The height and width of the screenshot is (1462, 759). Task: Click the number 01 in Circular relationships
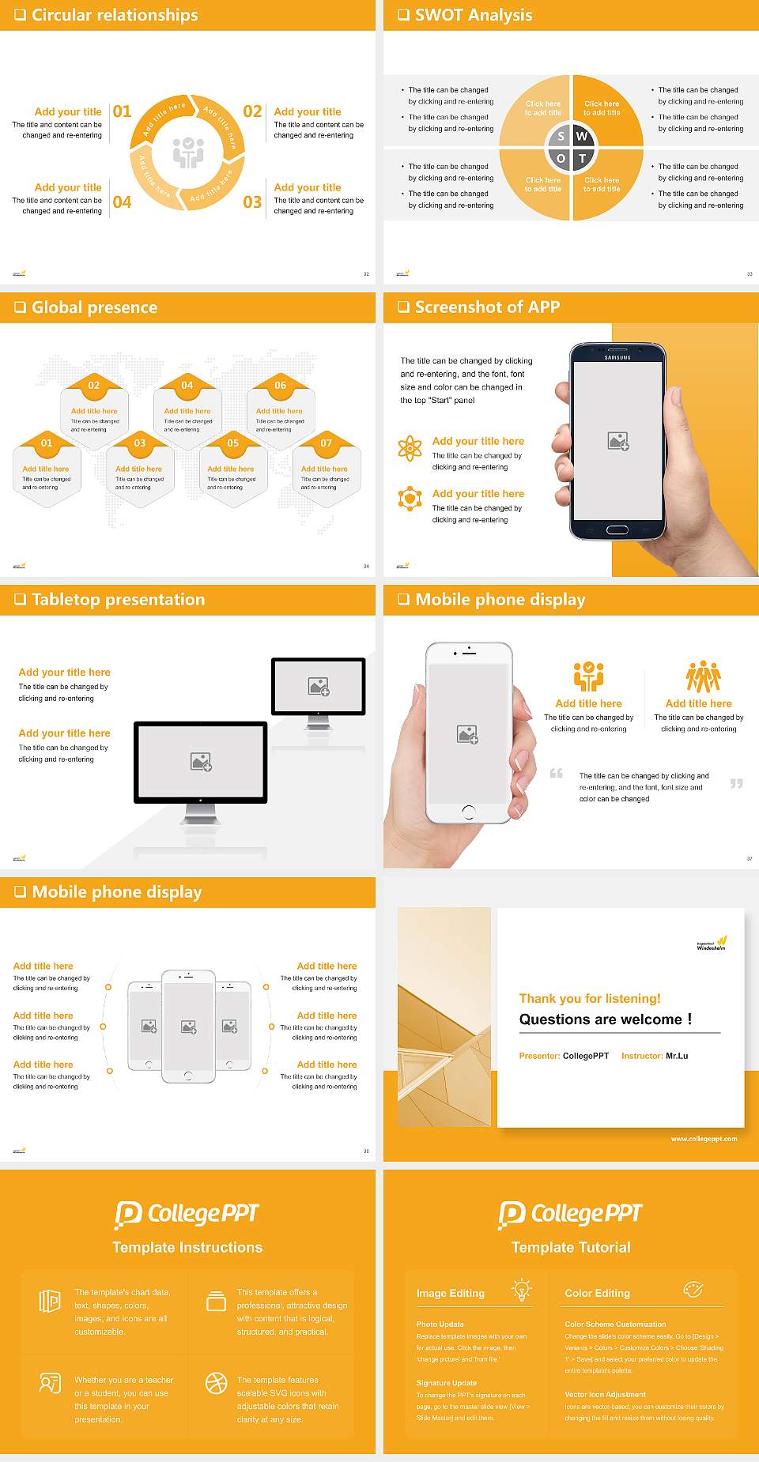[x=122, y=111]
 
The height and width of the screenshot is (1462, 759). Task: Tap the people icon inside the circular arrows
[x=188, y=152]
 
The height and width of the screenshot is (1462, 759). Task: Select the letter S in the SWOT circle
[x=561, y=137]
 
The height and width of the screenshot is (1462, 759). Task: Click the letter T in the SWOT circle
[x=583, y=158]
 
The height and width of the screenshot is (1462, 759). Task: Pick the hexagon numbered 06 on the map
[x=280, y=386]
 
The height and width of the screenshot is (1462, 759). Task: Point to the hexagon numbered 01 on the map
[x=47, y=443]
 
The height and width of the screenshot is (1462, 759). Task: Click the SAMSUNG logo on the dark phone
[x=617, y=358]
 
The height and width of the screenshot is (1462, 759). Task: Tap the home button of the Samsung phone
[x=617, y=529]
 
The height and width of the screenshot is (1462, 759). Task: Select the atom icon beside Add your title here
[x=410, y=448]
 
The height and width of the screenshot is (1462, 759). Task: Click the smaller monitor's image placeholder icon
[x=319, y=687]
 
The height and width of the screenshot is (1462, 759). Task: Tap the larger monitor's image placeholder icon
[x=201, y=762]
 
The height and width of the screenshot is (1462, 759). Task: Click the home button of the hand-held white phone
[x=469, y=812]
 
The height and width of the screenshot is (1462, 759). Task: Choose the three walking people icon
[x=703, y=677]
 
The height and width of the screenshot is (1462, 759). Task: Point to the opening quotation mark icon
[x=557, y=773]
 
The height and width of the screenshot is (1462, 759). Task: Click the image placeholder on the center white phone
[x=188, y=1027]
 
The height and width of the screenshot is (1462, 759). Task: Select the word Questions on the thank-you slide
[x=553, y=1019]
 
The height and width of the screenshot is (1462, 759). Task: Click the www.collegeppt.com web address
[x=704, y=1139]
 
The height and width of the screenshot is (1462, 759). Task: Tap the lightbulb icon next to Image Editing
[x=521, y=1290]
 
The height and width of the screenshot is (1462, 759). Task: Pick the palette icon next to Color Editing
[x=693, y=1290]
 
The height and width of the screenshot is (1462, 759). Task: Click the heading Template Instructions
[x=187, y=1247]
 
